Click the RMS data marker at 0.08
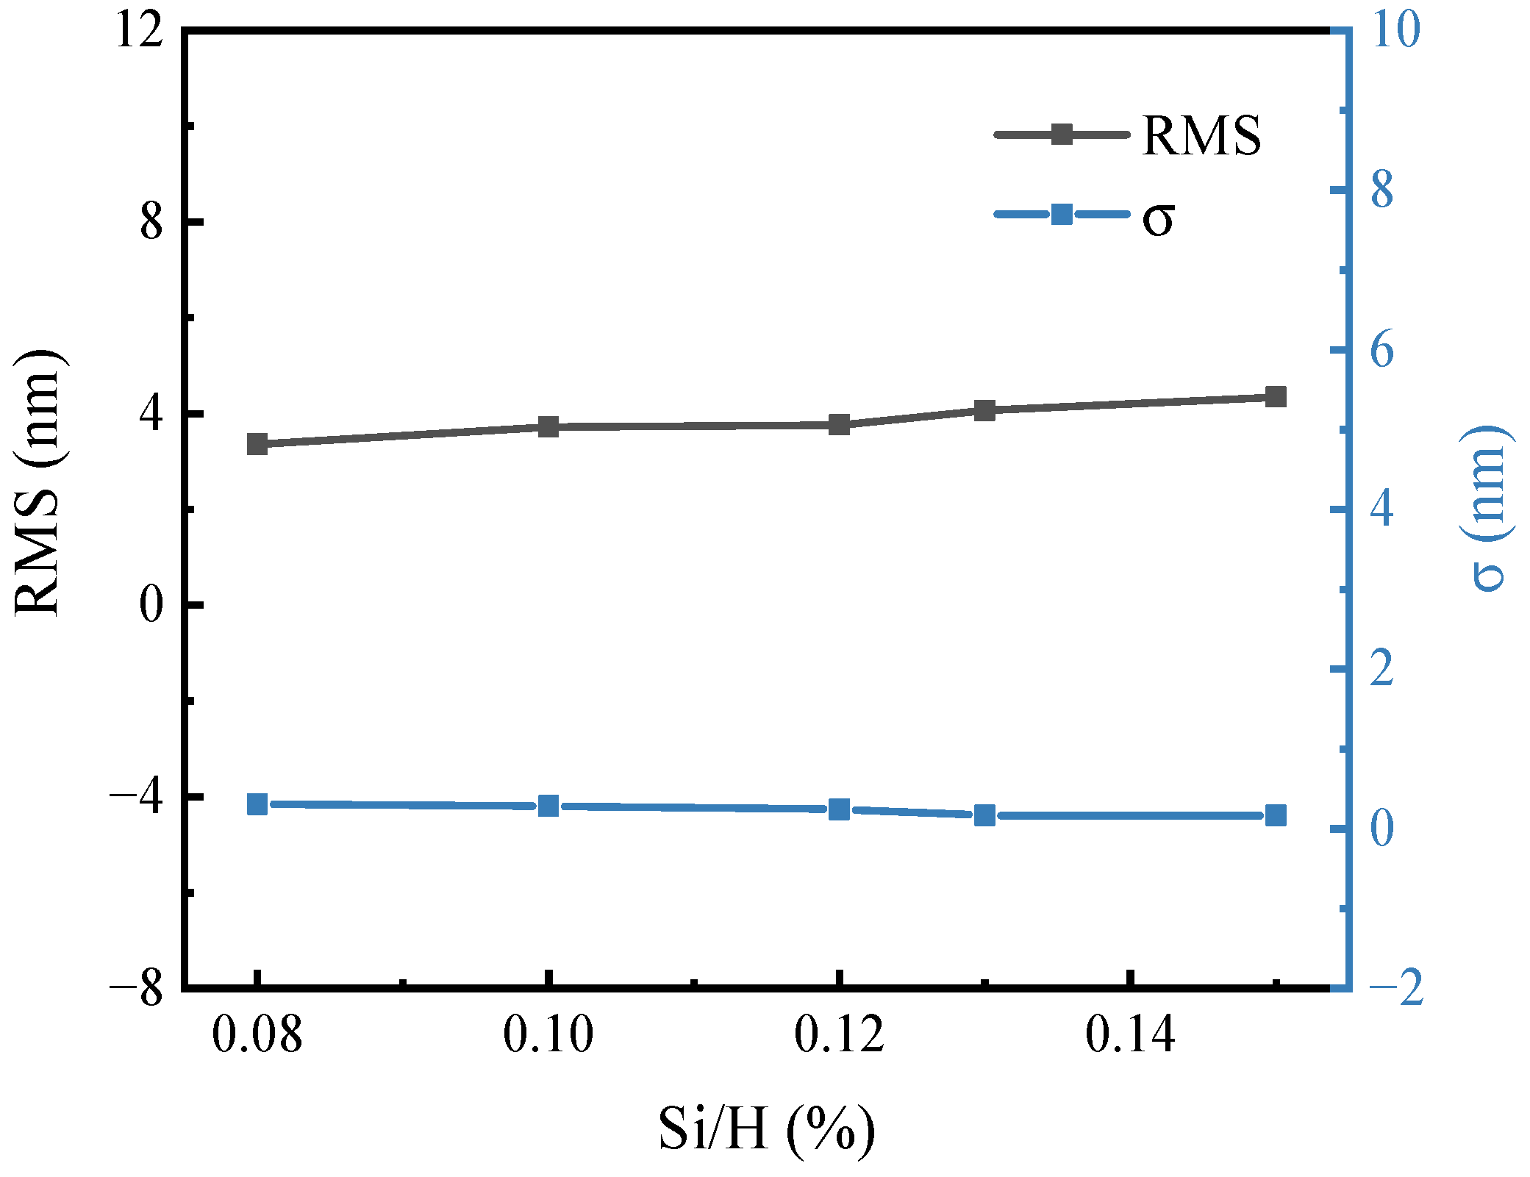click(257, 444)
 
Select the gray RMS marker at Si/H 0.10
click(548, 426)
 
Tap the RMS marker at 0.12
click(839, 424)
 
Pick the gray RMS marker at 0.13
click(984, 410)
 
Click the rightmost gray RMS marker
click(1276, 397)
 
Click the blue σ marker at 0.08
click(257, 804)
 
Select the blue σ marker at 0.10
click(548, 806)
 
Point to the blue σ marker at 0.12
click(839, 809)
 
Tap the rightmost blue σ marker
click(1276, 815)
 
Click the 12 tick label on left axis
click(139, 32)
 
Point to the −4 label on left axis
click(136, 797)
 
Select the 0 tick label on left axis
click(151, 606)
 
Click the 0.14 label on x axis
click(1130, 1034)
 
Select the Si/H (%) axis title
click(766, 1128)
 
